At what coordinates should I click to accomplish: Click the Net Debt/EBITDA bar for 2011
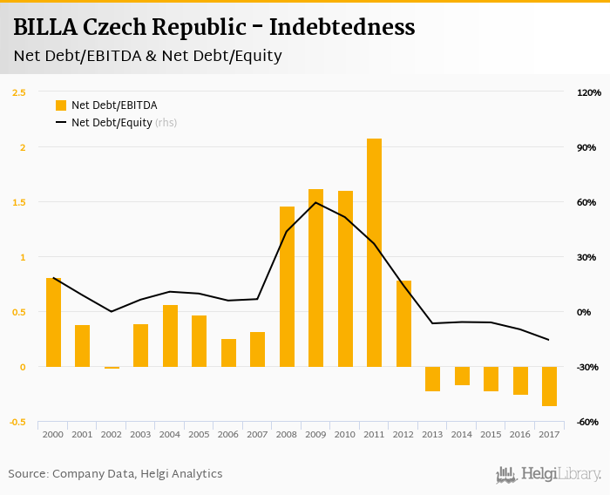click(374, 253)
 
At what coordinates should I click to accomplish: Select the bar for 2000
click(53, 322)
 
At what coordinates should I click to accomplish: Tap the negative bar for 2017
click(549, 386)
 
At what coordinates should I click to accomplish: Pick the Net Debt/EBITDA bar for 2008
click(287, 287)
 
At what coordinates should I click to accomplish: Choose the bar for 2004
click(170, 336)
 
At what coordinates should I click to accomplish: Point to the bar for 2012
click(403, 323)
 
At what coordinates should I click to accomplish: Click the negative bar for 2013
click(433, 379)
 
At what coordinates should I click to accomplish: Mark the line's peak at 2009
click(315, 203)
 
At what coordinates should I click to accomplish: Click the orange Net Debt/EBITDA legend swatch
click(61, 105)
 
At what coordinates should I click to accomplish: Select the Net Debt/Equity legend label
click(112, 123)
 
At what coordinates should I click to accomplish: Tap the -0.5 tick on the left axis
click(17, 422)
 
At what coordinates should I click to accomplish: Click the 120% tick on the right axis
click(589, 92)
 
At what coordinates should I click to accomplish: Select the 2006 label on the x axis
click(228, 434)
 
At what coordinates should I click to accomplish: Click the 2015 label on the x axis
click(491, 434)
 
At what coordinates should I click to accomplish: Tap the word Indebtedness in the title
click(342, 28)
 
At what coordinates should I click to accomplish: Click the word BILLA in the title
click(44, 28)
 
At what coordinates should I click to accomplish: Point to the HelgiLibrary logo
click(549, 474)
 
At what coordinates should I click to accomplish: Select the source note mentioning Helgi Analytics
click(116, 474)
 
